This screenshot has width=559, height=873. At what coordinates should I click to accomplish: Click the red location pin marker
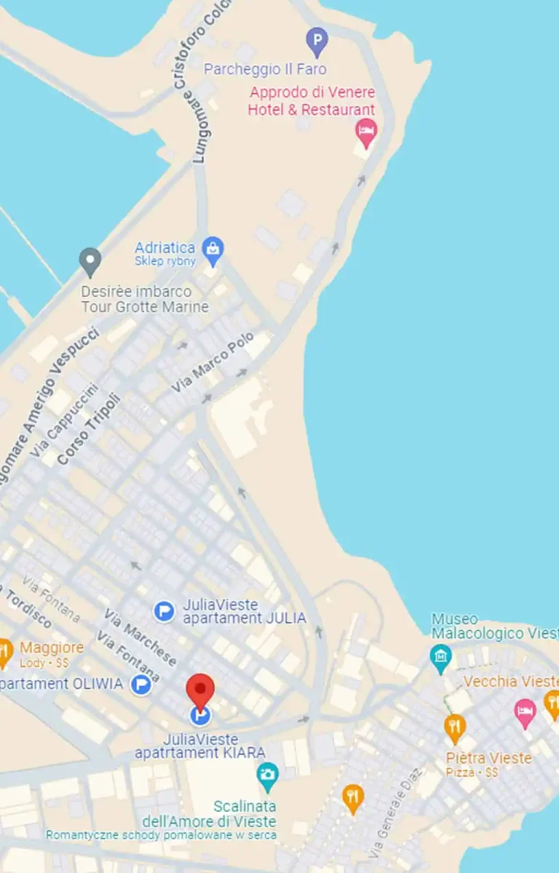coord(200,689)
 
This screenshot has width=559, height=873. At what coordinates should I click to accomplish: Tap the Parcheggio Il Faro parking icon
coord(317,41)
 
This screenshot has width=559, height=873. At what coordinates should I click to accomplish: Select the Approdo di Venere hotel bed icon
coord(365,132)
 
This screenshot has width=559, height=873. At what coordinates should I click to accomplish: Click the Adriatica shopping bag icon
coord(213,250)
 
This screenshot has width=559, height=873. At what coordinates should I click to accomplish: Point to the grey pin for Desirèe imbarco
coord(90,260)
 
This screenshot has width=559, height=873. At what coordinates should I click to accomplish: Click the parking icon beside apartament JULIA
coord(164,612)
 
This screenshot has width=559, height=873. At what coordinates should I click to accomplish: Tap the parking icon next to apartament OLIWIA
coord(140,684)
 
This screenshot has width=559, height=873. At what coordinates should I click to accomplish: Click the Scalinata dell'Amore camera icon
coord(268,774)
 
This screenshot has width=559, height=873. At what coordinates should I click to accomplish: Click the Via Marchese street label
coord(140,637)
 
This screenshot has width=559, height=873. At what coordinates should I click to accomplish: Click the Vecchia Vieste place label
coord(510,682)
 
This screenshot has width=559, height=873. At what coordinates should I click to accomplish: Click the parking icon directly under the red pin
coord(200,716)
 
